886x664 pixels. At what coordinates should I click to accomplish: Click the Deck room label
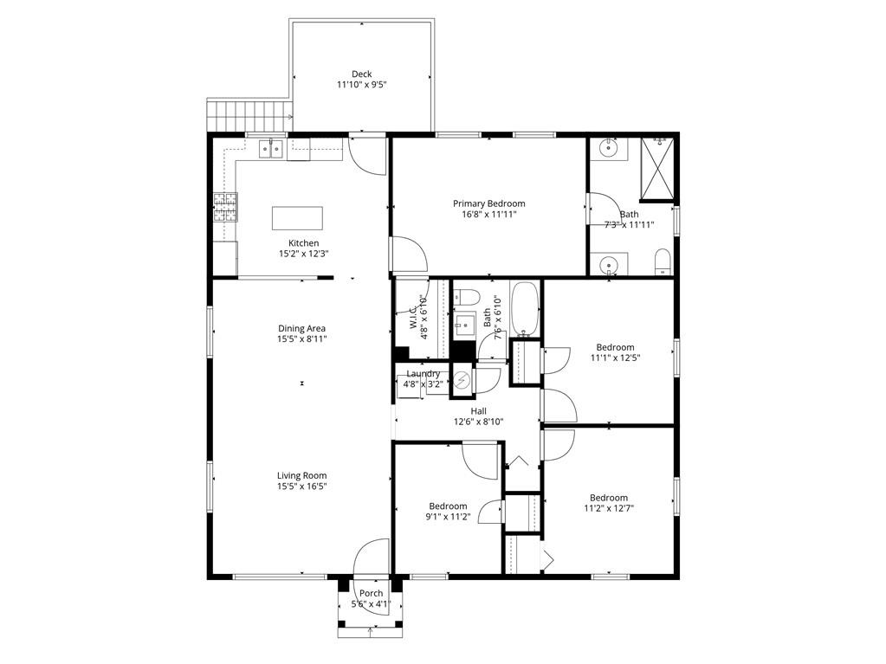[362, 74]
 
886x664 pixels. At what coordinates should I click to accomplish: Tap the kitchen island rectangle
[297, 218]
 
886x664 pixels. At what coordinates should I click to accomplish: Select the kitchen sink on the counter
[271, 149]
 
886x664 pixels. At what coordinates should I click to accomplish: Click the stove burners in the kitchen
[225, 207]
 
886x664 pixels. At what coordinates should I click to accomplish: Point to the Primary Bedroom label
[488, 203]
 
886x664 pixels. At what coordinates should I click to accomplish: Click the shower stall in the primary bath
[657, 169]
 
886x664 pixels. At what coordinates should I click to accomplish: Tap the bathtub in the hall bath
[526, 309]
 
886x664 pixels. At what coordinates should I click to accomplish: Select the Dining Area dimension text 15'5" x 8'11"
[301, 339]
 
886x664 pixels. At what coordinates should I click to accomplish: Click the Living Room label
[301, 476]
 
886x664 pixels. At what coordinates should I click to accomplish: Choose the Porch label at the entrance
[372, 593]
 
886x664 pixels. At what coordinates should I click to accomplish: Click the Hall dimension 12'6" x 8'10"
[479, 422]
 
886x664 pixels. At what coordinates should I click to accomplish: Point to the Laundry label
[424, 374]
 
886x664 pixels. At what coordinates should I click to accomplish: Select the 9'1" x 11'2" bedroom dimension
[448, 517]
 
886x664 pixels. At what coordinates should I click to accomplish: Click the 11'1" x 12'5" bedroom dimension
[615, 358]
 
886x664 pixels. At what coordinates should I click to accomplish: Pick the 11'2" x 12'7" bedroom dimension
[609, 508]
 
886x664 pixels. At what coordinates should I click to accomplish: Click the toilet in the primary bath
[663, 261]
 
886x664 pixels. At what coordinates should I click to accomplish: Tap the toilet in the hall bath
[468, 296]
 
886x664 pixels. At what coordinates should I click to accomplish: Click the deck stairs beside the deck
[249, 115]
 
